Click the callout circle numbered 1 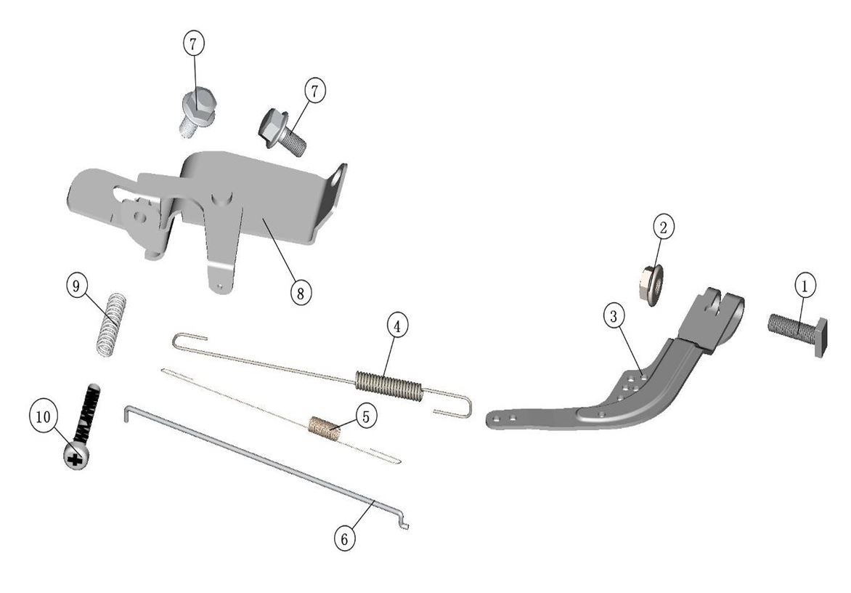click(805, 285)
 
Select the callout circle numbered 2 click(663, 227)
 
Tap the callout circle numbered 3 click(614, 316)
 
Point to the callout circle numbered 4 click(397, 326)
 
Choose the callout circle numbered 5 click(366, 416)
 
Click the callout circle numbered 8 click(300, 293)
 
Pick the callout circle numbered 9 click(76, 285)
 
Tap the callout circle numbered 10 click(43, 417)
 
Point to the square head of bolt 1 click(820, 336)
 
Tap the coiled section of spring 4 click(388, 386)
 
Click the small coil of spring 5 click(325, 427)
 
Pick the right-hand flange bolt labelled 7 click(282, 130)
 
